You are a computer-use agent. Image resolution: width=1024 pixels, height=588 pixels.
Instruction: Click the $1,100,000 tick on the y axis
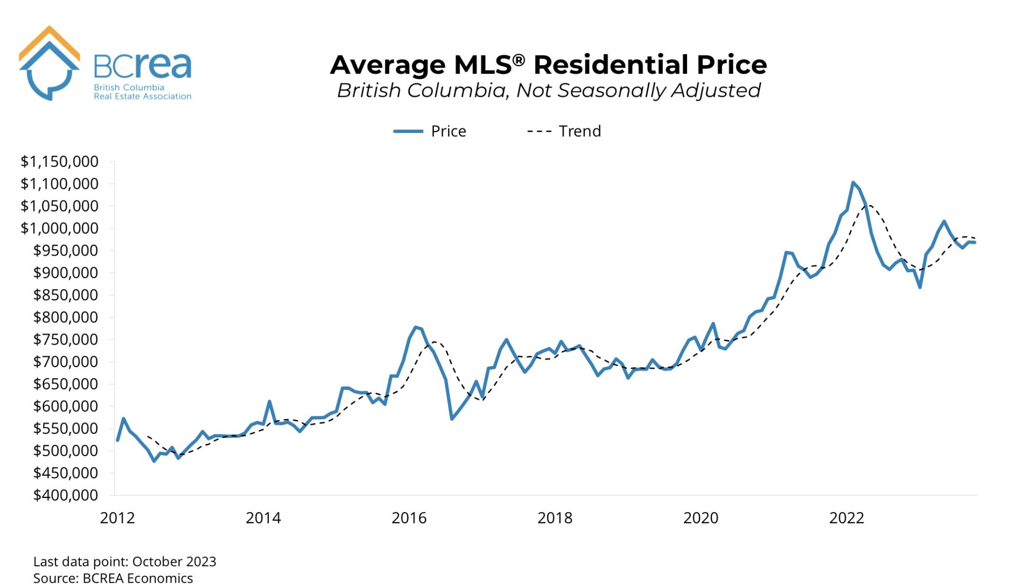pos(59,184)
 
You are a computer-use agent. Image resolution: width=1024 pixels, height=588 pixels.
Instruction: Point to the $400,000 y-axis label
pos(65,496)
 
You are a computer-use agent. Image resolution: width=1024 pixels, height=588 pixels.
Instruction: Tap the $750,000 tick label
pos(65,340)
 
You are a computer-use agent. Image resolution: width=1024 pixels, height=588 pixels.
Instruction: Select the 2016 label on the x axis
pos(409,518)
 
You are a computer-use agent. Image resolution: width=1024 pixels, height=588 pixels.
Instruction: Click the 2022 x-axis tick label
pos(846,518)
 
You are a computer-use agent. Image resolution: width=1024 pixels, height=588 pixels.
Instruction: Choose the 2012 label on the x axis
pos(117,518)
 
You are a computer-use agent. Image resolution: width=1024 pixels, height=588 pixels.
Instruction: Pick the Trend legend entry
pos(564,131)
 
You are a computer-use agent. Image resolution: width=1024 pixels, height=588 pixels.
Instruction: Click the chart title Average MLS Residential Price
pos(548,65)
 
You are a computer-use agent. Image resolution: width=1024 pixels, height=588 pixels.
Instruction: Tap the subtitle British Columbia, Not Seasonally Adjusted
pos(548,91)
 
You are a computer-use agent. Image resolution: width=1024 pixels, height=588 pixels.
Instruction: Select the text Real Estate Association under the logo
pos(142,96)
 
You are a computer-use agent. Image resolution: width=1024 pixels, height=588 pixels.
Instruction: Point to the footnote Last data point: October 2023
pos(125,562)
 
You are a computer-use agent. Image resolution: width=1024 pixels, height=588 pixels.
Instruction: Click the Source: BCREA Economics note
pos(113,578)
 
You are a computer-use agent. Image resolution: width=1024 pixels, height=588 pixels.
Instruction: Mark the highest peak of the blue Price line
pos(853,183)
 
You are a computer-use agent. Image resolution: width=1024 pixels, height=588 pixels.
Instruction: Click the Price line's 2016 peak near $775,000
pos(415,327)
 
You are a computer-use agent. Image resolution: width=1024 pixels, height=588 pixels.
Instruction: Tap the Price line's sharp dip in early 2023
pos(920,287)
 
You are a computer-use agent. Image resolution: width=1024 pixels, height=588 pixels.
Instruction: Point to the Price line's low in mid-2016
pos(452,419)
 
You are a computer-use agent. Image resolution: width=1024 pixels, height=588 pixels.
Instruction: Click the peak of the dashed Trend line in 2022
pos(869,205)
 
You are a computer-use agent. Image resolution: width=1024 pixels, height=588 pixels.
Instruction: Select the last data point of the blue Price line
pos(975,242)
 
